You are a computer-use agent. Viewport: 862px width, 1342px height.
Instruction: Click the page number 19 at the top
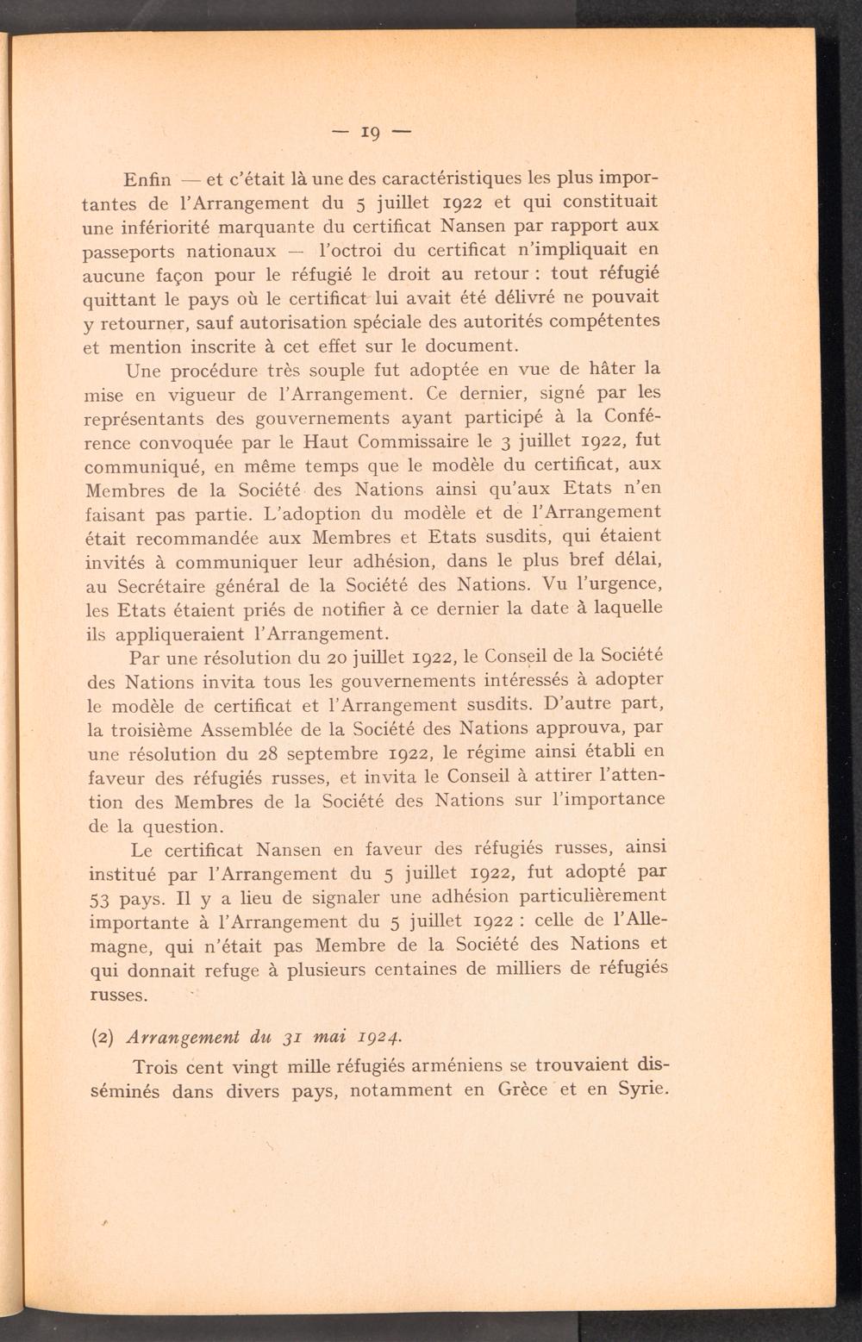[372, 134]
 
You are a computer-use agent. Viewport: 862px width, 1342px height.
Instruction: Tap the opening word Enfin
[148, 180]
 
